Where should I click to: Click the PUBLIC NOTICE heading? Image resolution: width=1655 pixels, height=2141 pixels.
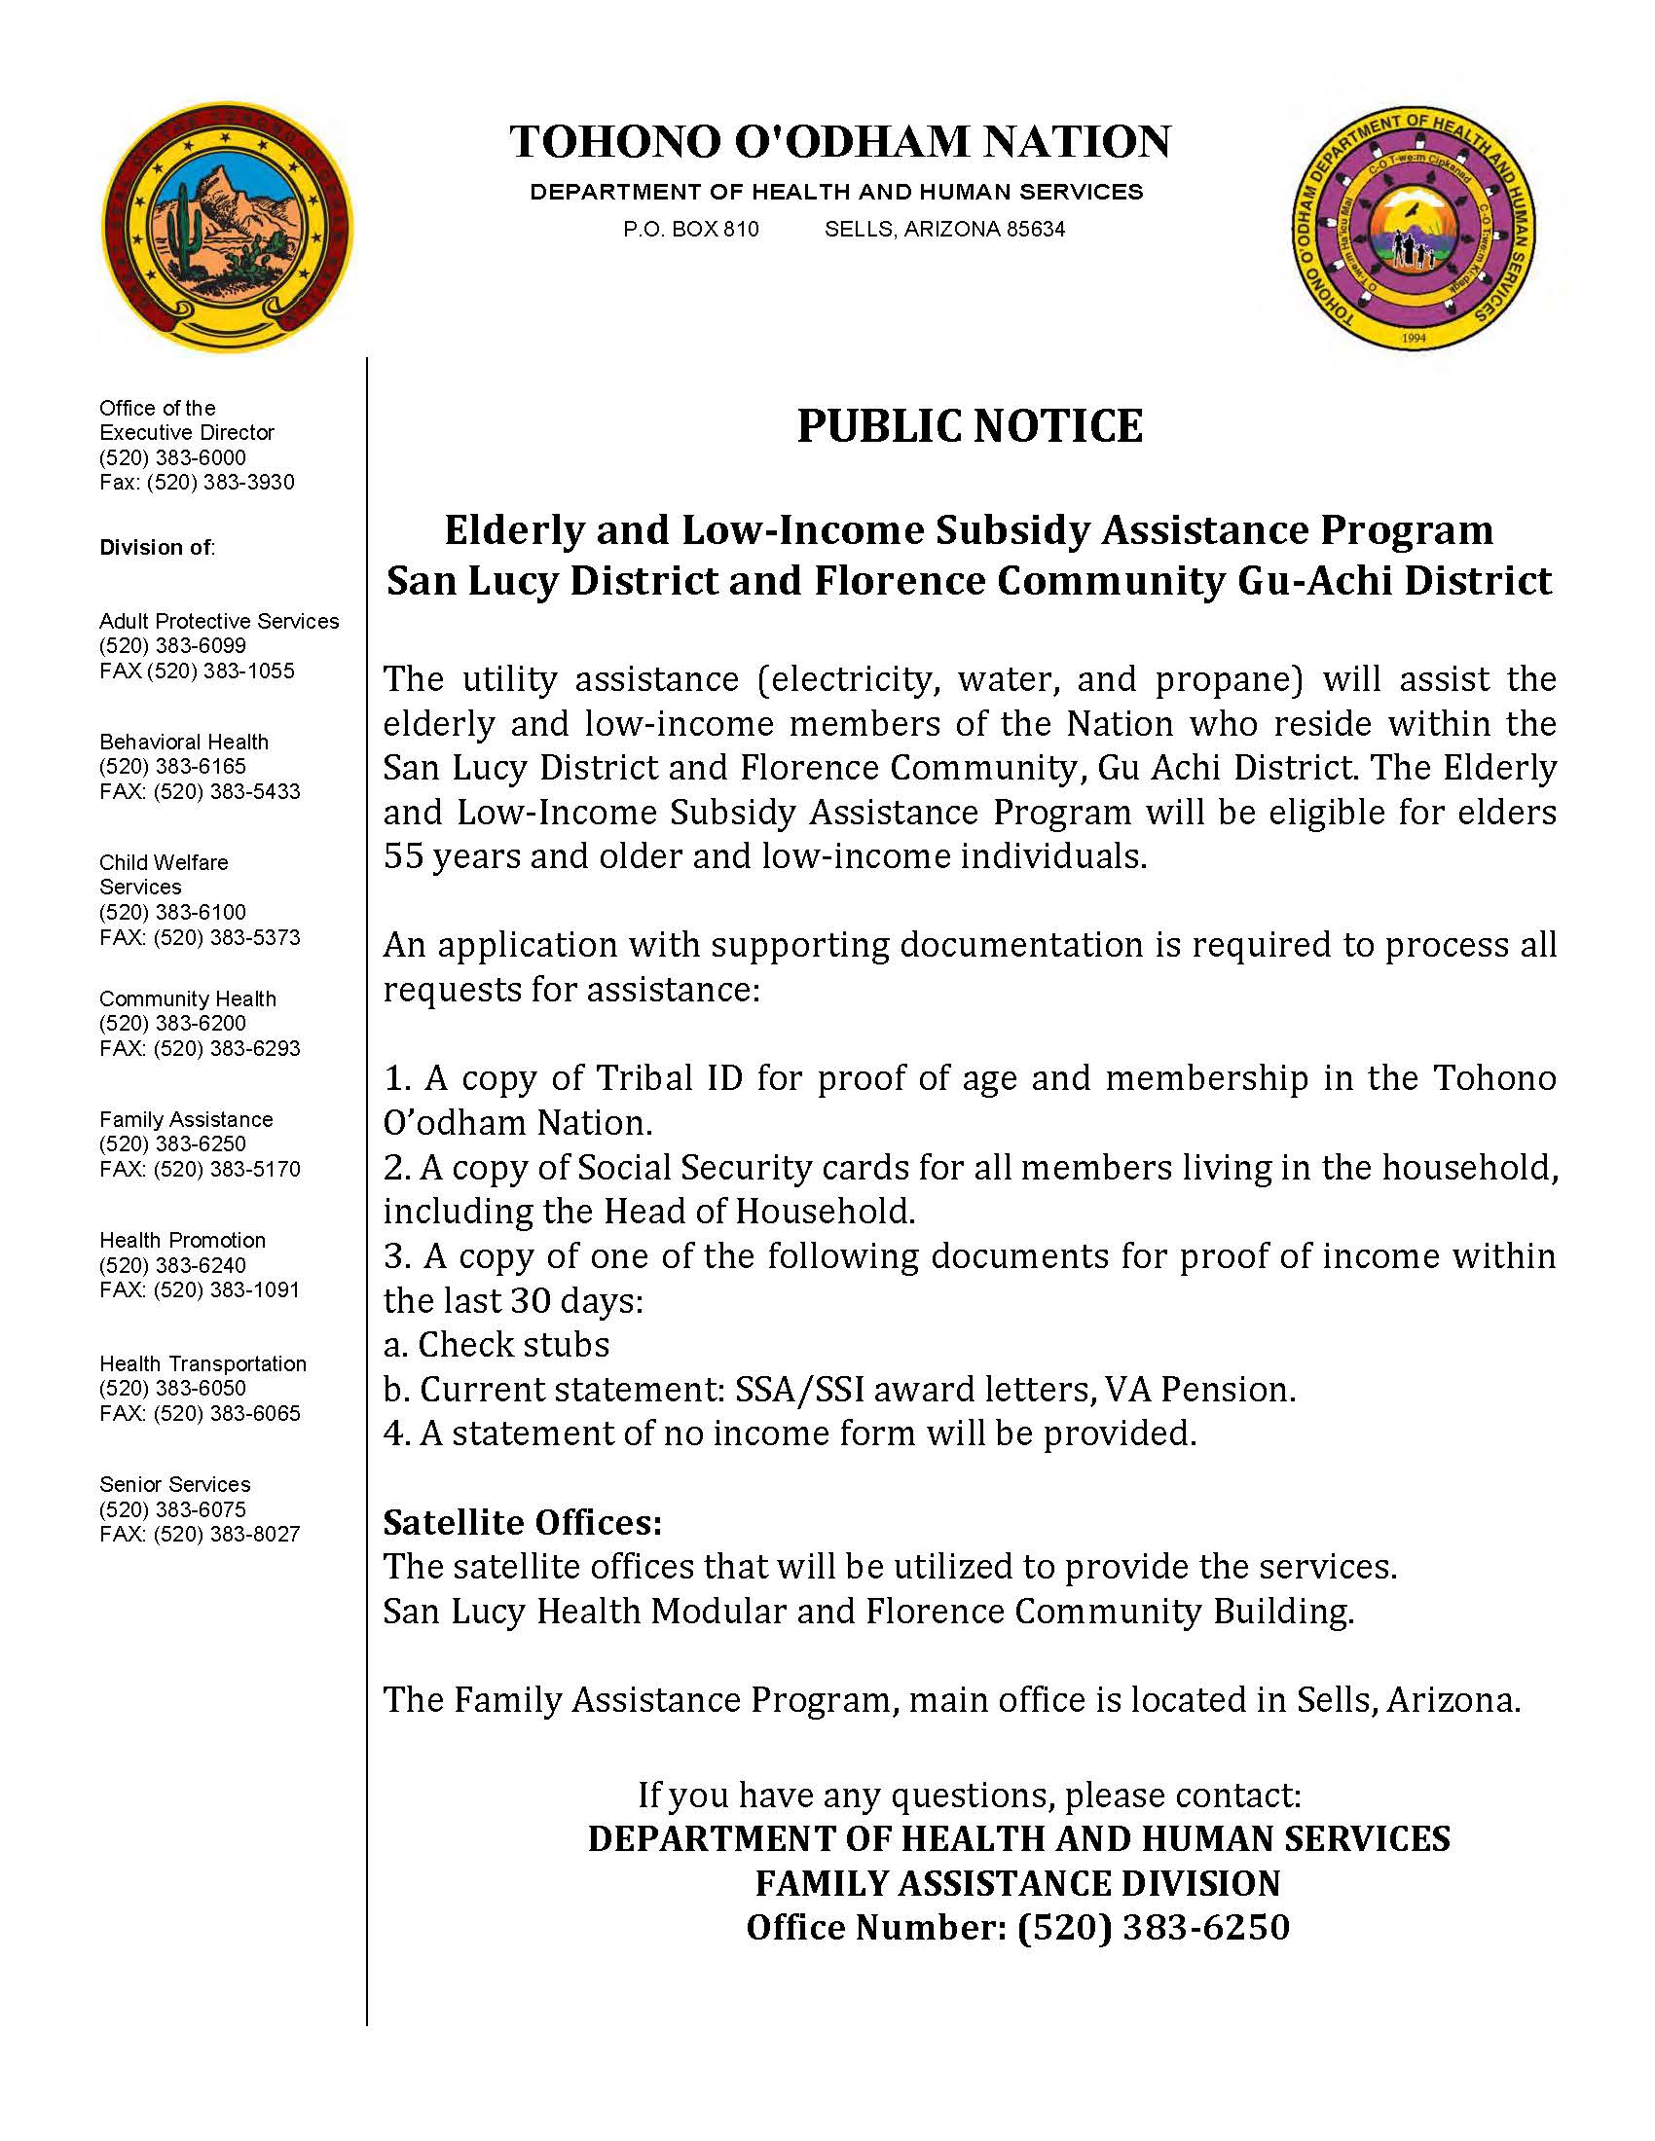pos(969,426)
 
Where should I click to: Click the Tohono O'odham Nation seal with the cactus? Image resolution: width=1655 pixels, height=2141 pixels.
pos(228,228)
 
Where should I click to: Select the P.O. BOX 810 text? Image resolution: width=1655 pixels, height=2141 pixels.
pos(690,230)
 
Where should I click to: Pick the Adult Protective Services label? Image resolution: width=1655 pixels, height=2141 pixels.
pos(219,621)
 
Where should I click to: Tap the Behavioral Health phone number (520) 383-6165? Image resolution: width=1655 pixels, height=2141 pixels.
pos(172,766)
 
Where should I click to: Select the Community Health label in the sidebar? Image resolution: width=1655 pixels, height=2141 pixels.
pos(187,998)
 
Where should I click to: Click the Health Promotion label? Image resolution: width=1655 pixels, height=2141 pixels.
pos(182,1240)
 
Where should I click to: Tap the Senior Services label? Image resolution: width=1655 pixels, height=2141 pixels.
pos(174,1484)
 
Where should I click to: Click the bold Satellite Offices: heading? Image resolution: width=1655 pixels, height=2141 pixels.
pos(523,1522)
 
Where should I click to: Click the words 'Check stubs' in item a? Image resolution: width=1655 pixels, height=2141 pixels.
pos(513,1344)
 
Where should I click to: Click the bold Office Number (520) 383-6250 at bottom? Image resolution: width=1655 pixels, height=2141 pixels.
pos(1017,1927)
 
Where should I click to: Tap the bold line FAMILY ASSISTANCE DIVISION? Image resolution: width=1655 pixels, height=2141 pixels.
pos(1017,1883)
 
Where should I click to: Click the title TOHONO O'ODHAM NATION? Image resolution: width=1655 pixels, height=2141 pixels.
pos(840,141)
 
